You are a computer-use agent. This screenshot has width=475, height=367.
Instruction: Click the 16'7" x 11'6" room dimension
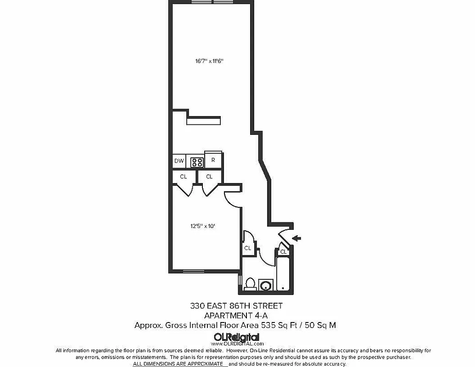tap(209, 61)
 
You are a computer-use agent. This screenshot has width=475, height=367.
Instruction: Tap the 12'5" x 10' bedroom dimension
tap(203, 226)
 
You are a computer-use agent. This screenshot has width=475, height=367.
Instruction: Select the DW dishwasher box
tap(179, 161)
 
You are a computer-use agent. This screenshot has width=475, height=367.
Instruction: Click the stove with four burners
tap(197, 161)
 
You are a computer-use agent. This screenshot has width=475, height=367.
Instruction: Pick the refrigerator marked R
tap(213, 160)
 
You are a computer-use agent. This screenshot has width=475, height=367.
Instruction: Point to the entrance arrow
tap(297, 238)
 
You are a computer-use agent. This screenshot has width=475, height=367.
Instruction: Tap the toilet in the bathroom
tap(250, 284)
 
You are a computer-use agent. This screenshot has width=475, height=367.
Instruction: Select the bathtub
tap(283, 273)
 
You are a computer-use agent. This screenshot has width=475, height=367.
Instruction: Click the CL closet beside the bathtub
tap(284, 251)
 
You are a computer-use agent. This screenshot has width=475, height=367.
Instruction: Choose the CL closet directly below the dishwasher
tap(184, 176)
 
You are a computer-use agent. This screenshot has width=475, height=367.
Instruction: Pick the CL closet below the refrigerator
tap(209, 176)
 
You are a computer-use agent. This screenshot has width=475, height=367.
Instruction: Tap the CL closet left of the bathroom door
tap(248, 248)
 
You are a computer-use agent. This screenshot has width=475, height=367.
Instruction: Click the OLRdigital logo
tap(236, 337)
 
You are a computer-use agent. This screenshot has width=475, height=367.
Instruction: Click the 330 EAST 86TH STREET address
tap(236, 306)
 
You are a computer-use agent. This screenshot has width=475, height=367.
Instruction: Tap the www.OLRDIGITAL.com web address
tap(237, 344)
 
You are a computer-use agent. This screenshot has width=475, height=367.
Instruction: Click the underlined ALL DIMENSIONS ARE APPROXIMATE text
tap(180, 364)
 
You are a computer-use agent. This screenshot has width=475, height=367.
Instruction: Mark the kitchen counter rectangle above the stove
tap(204, 120)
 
